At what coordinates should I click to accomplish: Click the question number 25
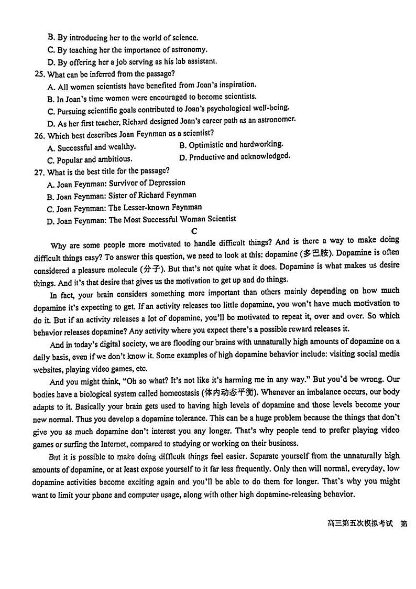click(x=41, y=74)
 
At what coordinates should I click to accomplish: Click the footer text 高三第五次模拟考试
click(x=360, y=524)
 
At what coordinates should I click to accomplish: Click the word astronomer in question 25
click(x=275, y=120)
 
